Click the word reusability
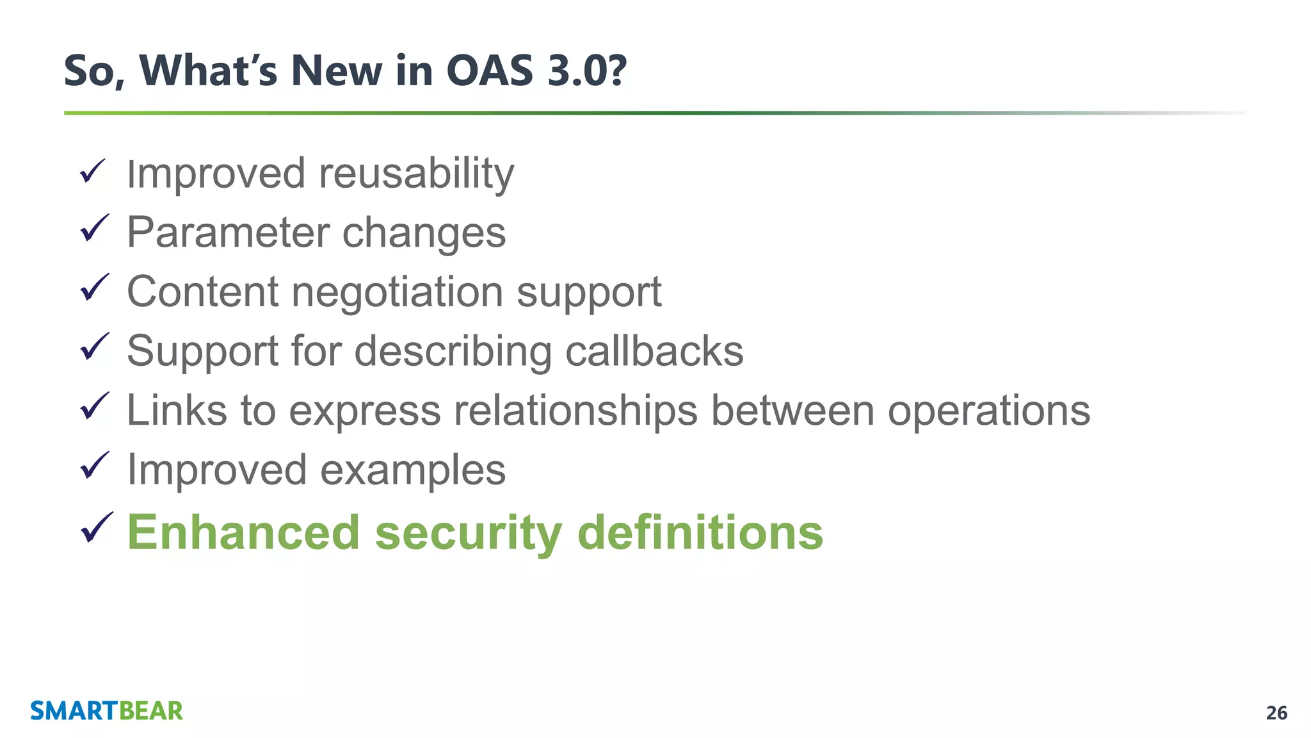[416, 174]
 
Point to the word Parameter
[227, 233]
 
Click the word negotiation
[397, 293]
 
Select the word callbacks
[654, 351]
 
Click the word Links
[177, 410]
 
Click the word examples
[412, 470]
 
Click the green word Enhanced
[243, 532]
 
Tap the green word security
[468, 534]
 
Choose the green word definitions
[700, 532]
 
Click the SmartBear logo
[106, 711]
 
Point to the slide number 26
[1276, 713]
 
